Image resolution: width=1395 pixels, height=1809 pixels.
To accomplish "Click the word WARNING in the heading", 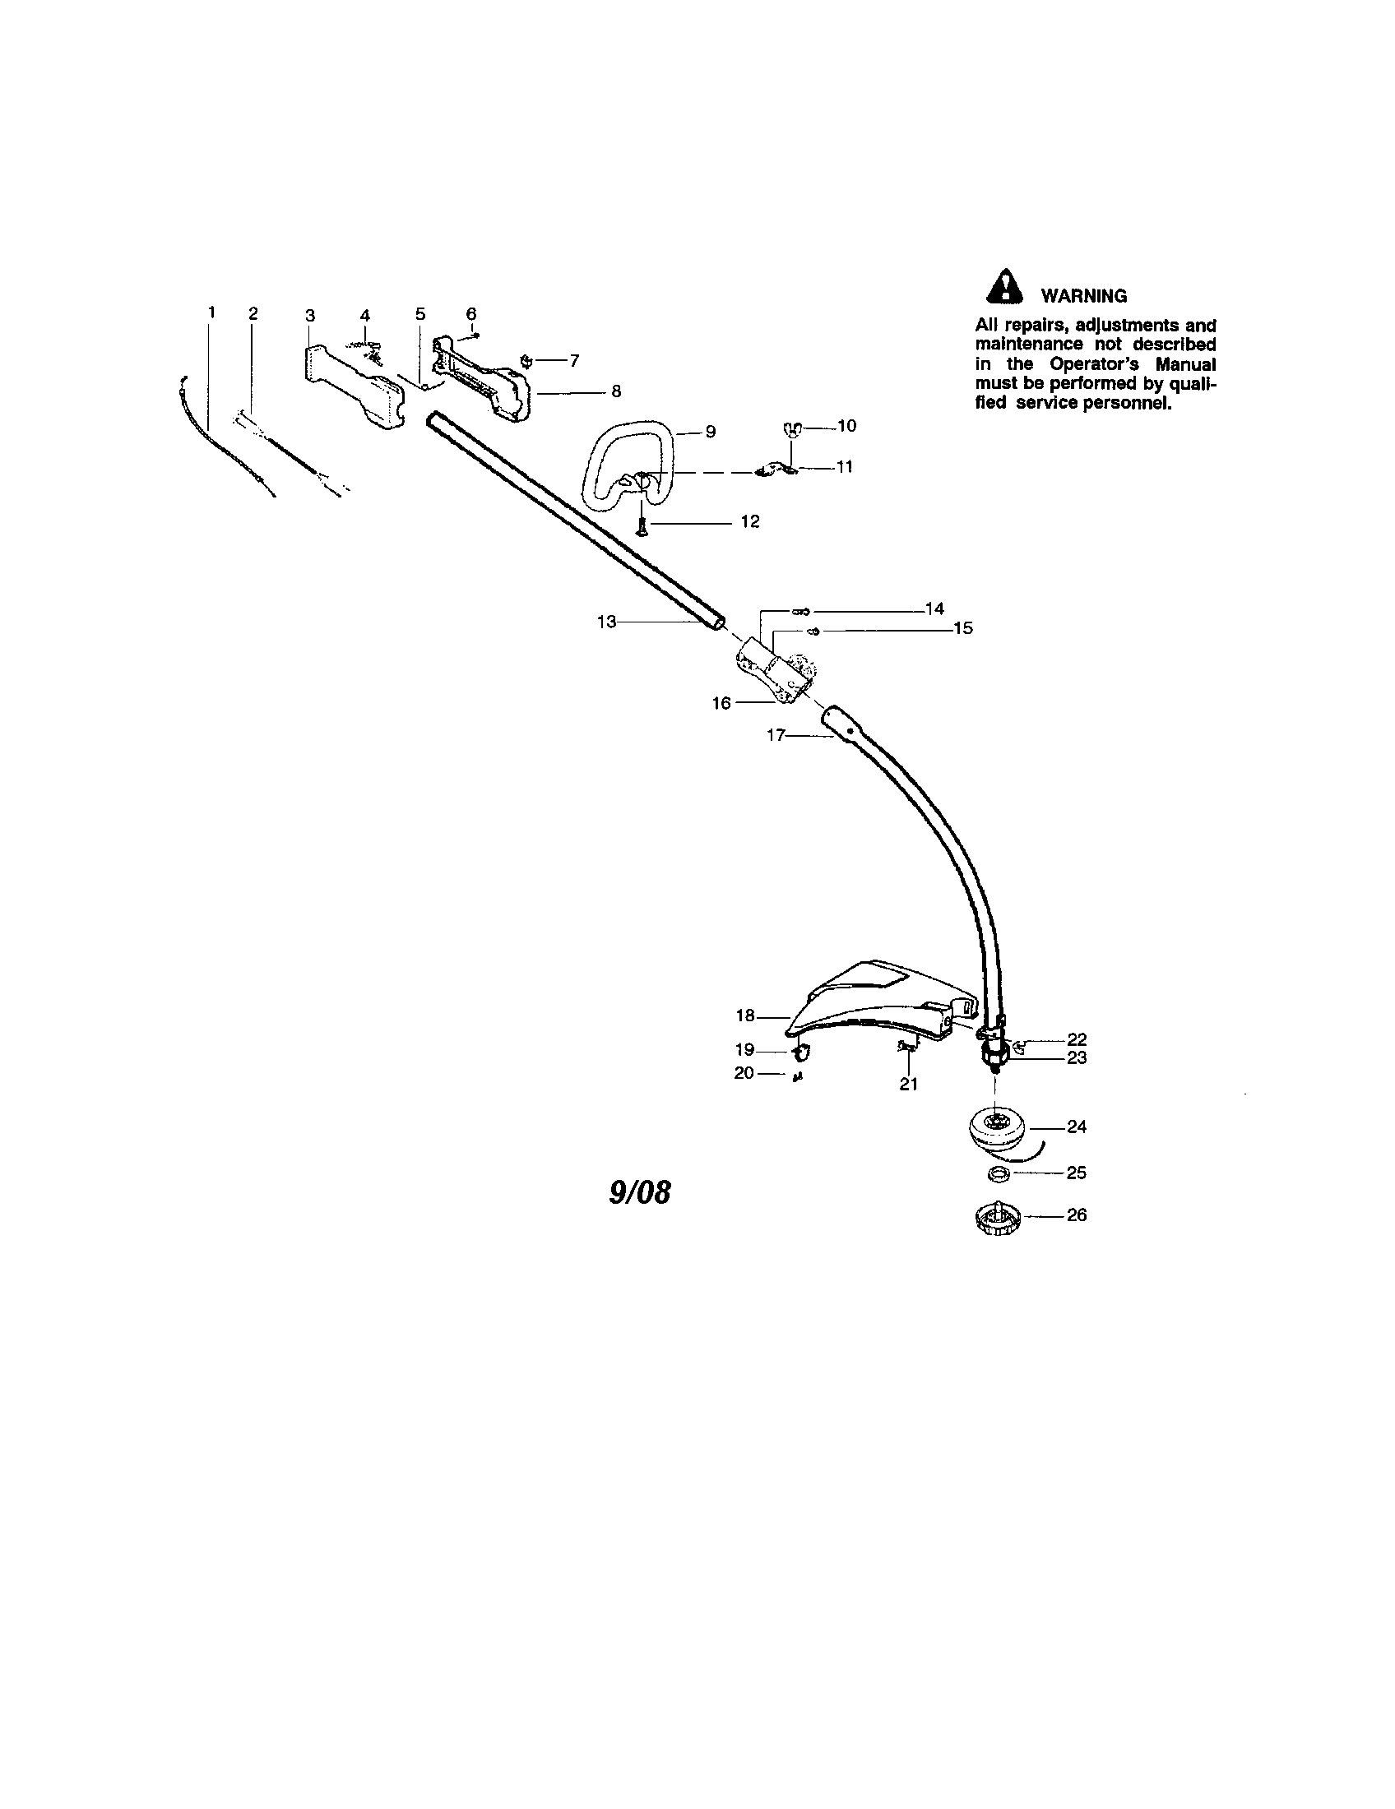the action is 1083,296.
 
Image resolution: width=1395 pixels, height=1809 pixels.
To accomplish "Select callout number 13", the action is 607,621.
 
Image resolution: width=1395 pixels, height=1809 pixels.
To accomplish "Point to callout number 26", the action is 1076,1215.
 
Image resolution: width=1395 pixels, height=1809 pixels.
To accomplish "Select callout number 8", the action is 615,391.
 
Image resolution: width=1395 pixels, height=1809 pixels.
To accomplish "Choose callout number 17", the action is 776,734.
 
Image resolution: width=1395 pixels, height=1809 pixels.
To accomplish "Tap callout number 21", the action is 909,1084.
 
